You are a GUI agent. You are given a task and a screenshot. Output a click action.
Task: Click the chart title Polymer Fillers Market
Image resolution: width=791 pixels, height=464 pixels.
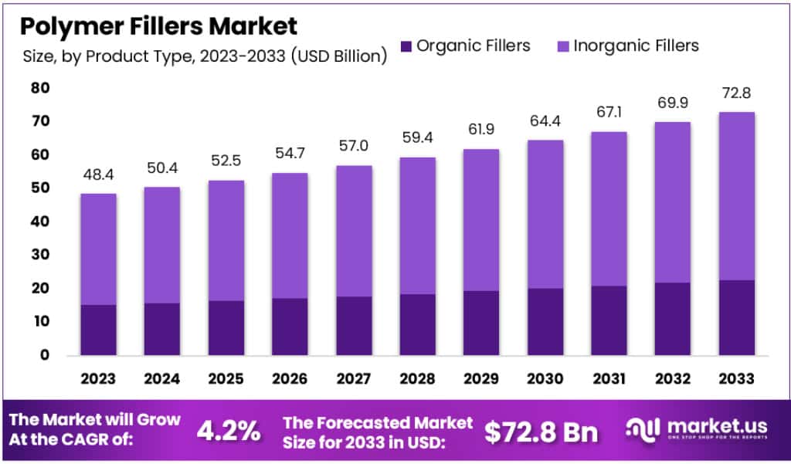[x=158, y=26]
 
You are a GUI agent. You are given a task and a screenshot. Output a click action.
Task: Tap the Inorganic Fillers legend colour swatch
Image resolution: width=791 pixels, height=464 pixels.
[x=562, y=46]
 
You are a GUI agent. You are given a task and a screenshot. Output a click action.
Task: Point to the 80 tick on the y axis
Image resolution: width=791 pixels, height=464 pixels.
[x=40, y=89]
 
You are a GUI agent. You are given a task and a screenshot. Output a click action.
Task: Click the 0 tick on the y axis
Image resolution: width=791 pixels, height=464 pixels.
[x=46, y=355]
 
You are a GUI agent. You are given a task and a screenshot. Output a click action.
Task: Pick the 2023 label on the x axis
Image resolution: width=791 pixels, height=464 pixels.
[x=98, y=379]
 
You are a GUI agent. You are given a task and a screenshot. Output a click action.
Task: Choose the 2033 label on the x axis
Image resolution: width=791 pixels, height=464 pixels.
[x=736, y=379]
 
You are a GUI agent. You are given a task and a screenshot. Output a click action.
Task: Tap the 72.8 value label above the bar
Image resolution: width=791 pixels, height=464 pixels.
[x=736, y=93]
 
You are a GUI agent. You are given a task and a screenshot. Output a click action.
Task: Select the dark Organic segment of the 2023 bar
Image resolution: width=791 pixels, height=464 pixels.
[x=98, y=330]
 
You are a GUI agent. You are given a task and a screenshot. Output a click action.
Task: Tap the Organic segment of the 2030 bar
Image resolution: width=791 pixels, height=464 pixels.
[x=545, y=322]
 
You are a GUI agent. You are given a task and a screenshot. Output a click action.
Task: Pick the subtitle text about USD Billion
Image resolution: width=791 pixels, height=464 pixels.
[x=205, y=56]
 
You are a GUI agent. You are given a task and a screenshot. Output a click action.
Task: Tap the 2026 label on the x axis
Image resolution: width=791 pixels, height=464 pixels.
[x=290, y=379]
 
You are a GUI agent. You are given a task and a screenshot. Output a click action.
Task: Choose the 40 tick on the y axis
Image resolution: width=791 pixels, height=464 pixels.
[x=40, y=222]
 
